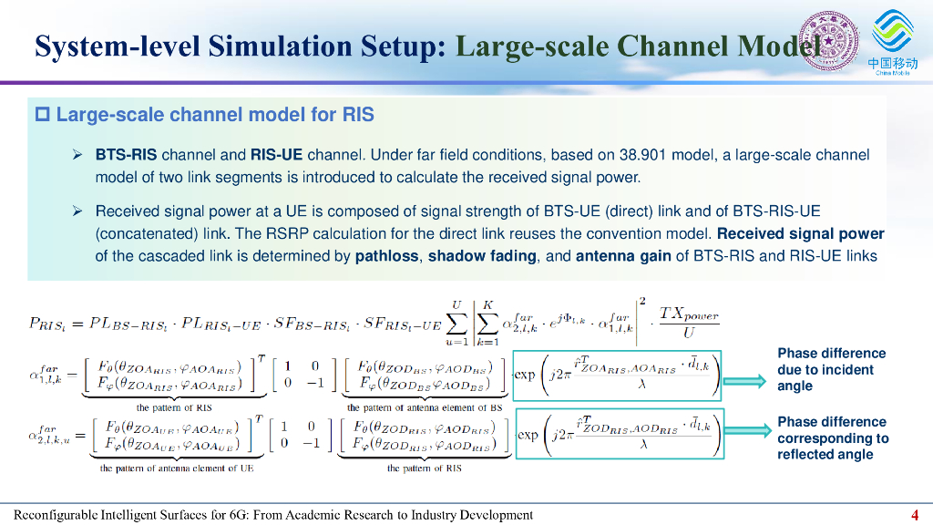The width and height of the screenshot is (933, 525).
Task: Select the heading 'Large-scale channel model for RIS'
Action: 215,115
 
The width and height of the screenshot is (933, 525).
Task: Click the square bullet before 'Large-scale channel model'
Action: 42,115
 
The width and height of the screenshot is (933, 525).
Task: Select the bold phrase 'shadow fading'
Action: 482,256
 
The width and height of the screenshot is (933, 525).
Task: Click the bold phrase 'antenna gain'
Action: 623,256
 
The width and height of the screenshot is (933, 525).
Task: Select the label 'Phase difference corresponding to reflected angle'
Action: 832,438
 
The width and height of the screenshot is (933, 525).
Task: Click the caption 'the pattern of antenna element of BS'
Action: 424,407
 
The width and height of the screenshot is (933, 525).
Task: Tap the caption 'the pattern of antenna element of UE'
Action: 177,468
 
